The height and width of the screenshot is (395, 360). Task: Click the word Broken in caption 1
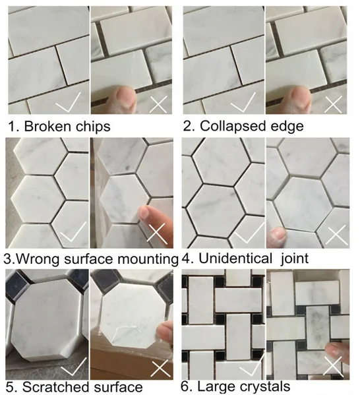[47, 126]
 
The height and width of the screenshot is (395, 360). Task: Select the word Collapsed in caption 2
[233, 126]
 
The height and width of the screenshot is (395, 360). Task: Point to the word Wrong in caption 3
[38, 259]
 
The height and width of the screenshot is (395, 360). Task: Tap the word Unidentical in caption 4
[235, 258]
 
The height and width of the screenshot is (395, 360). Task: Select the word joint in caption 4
[295, 258]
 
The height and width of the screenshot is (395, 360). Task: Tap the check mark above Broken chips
[68, 102]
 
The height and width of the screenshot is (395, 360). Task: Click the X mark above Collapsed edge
[334, 104]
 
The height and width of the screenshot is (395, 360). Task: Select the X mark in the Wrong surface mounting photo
[157, 233]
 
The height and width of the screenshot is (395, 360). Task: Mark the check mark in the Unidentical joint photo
[249, 234]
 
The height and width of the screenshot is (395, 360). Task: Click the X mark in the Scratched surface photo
[160, 369]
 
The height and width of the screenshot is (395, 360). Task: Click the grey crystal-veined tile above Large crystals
[318, 327]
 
